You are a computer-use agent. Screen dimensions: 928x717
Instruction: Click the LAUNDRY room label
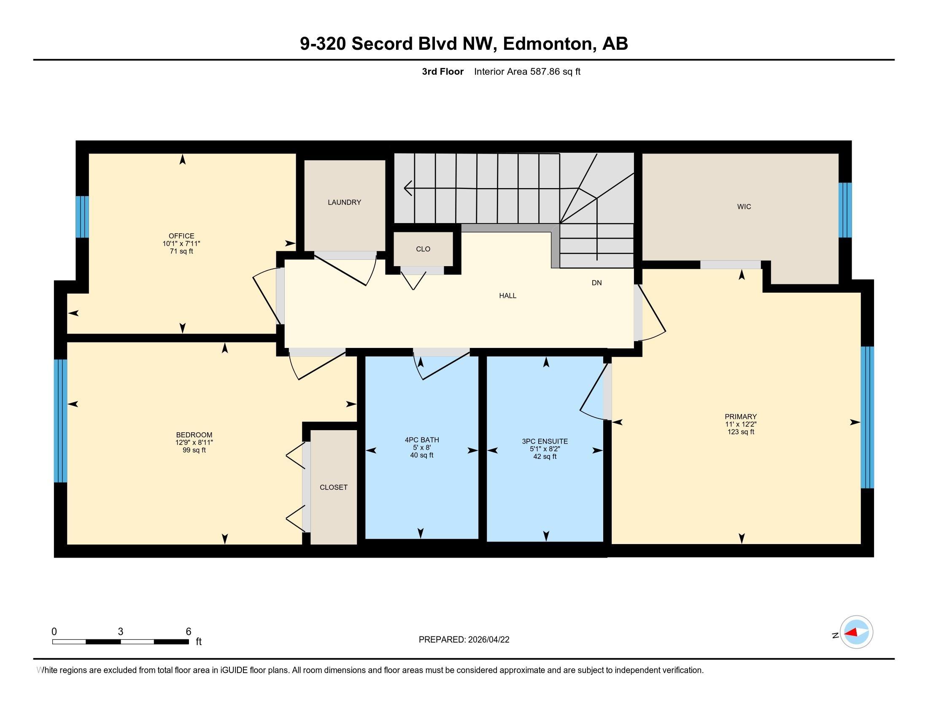tap(344, 202)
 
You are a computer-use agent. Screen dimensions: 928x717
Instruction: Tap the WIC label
tap(744, 206)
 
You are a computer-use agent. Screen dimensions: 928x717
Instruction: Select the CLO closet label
tap(423, 249)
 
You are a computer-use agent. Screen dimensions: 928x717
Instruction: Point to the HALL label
tap(508, 296)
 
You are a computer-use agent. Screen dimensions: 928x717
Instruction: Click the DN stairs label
tap(596, 283)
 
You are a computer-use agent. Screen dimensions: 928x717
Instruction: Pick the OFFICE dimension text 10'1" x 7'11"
tap(181, 243)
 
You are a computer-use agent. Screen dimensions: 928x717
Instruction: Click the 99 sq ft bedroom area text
tap(194, 450)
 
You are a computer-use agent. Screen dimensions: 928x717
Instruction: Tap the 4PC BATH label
tap(422, 440)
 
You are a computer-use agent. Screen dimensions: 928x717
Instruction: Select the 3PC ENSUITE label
tap(545, 441)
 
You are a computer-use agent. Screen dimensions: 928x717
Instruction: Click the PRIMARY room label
tap(741, 417)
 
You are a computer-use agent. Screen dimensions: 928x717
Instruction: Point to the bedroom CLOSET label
tap(334, 487)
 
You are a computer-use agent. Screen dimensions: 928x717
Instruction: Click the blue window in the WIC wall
tap(845, 210)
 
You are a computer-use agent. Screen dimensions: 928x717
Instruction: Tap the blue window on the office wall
tap(82, 217)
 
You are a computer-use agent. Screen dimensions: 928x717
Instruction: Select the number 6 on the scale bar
tap(188, 632)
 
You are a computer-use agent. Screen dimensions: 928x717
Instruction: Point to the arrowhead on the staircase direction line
tap(408, 188)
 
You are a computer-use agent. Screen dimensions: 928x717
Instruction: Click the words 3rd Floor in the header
tap(443, 71)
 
